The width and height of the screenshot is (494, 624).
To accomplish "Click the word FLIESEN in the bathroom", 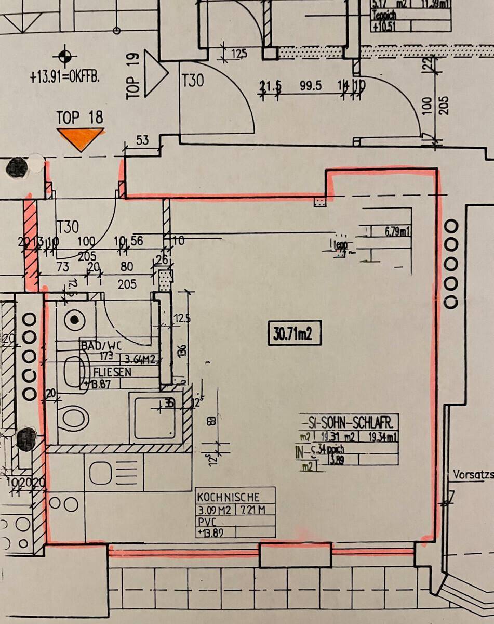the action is pos(112,372).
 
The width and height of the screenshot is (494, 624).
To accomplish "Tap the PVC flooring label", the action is pos(207,521).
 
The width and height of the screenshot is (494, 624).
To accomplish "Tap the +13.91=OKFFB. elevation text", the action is pos(64,78).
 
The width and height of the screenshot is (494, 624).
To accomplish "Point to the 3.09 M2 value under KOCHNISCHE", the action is pos(215,510).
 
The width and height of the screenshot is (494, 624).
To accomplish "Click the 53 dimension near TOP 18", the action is pos(141,139).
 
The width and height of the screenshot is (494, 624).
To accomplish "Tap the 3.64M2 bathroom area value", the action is pos(140,358).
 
